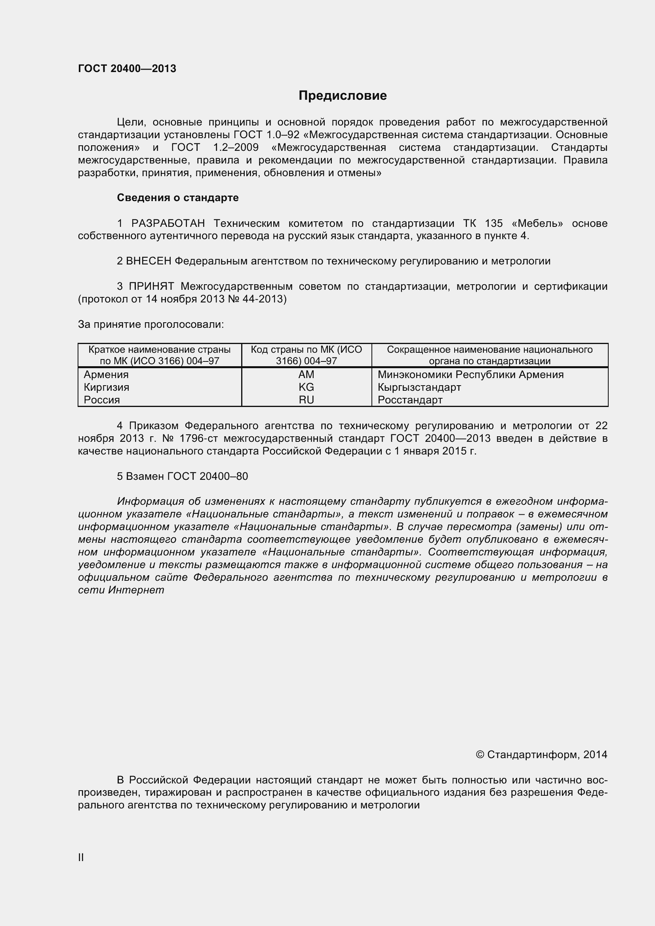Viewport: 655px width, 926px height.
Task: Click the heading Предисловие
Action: coord(343,95)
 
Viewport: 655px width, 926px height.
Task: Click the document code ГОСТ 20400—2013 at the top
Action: coord(127,68)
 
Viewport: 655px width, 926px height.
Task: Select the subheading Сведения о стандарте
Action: coord(177,198)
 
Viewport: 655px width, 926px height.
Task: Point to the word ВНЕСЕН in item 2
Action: coord(149,261)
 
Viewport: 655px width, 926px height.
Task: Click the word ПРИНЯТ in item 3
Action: coord(151,286)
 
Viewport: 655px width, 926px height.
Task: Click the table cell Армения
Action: coord(106,374)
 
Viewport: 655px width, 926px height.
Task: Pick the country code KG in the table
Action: coord(306,387)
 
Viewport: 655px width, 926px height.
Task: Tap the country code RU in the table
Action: coord(306,400)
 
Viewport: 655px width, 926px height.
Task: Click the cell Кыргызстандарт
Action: coord(419,387)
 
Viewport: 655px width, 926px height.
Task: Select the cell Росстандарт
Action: coord(410,400)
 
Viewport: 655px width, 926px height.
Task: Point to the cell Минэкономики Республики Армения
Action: coord(470,374)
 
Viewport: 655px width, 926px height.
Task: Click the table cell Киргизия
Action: coord(107,387)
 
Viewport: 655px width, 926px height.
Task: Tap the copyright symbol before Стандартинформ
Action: coord(480,755)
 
